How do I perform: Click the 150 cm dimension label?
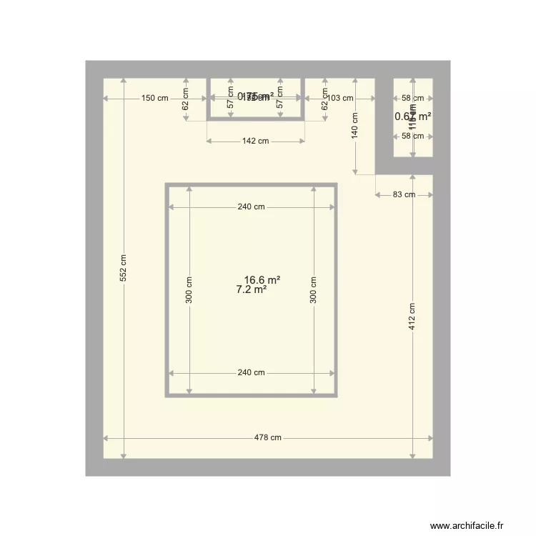coord(154,99)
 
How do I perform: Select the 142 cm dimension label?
coord(256,142)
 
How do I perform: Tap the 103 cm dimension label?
coord(340,99)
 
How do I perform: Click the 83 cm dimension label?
coord(404,194)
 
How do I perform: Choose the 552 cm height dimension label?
coord(124,268)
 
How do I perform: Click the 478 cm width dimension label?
coord(268,438)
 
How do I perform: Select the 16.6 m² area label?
coord(262,280)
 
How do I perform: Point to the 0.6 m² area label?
coord(413,116)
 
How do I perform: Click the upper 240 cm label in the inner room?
coord(252,207)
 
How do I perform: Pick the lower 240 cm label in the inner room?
coord(252,372)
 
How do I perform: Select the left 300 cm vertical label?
coord(189,289)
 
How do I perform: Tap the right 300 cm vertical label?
coord(314,289)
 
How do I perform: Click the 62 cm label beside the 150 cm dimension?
coord(185,99)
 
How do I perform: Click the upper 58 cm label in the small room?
coord(412,99)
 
